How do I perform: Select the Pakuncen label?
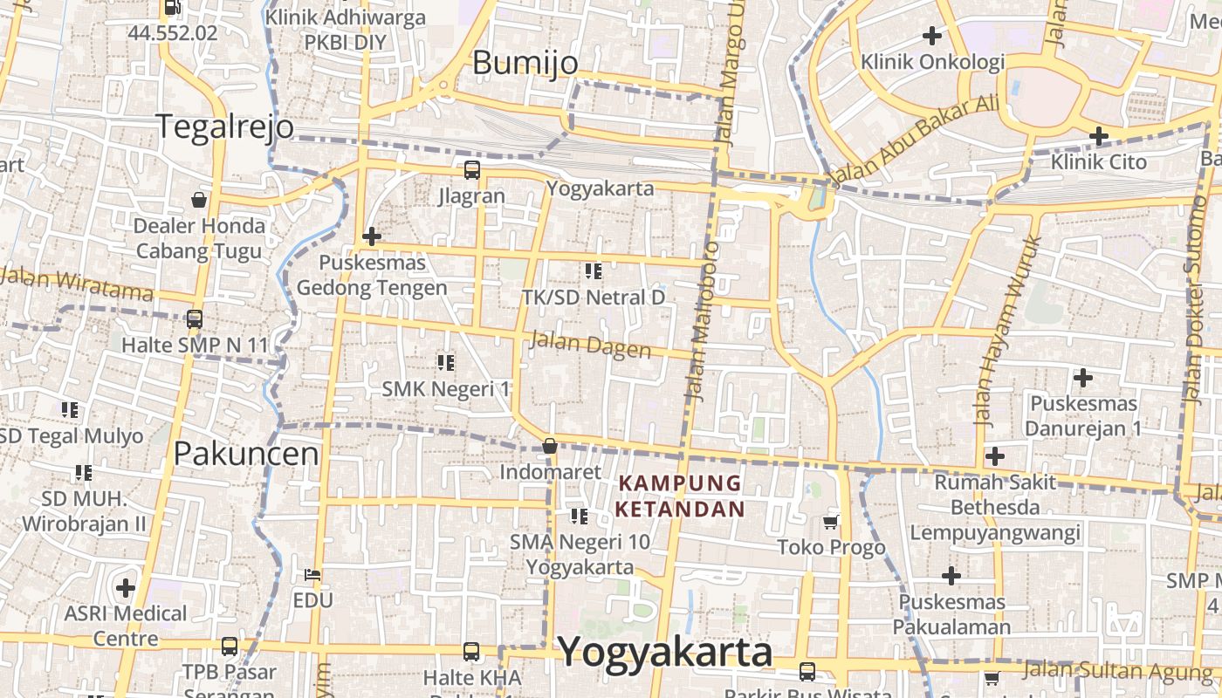point(246,454)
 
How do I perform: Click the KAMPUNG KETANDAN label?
point(681,496)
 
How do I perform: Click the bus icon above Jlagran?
point(471,169)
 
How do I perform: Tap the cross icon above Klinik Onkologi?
point(932,36)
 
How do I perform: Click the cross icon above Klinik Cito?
point(1098,136)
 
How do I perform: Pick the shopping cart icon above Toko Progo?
point(830,522)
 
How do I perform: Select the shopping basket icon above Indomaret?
point(550,446)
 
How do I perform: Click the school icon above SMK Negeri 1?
point(445,362)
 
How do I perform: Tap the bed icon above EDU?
point(312,574)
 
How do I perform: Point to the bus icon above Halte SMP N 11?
point(195,319)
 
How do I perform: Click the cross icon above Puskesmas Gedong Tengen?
point(372,236)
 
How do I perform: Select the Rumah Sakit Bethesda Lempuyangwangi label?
point(995,507)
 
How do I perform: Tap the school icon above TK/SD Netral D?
point(594,271)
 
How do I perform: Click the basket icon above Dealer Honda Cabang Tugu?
point(199,200)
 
